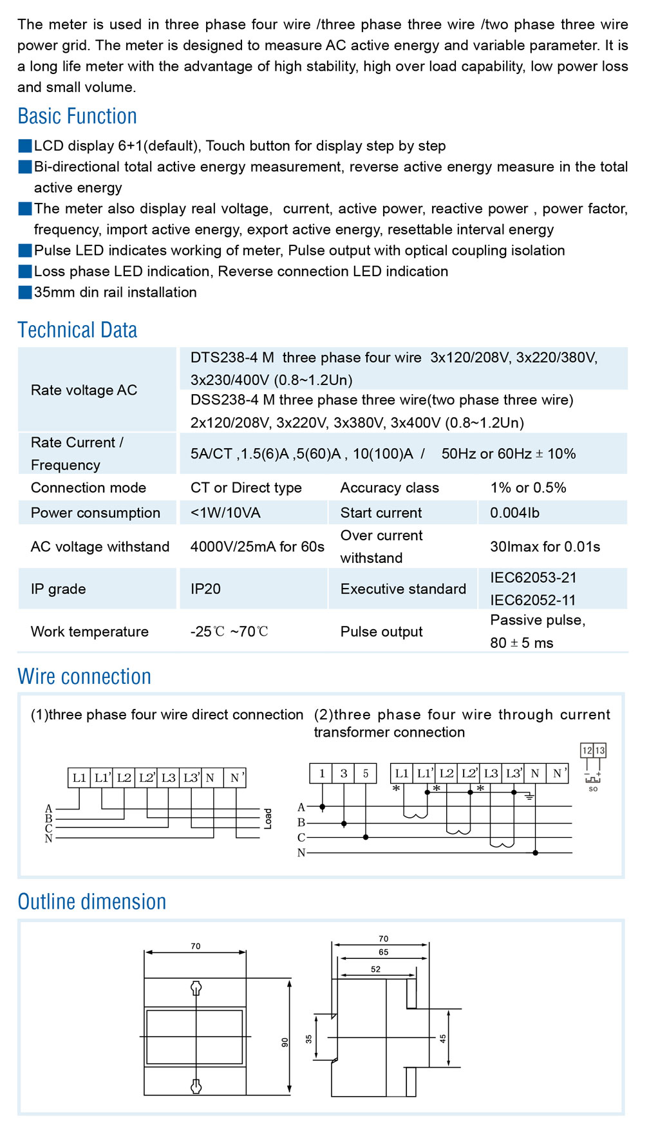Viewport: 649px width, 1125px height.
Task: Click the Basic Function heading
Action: click(x=77, y=117)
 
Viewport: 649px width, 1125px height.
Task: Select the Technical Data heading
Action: click(x=77, y=330)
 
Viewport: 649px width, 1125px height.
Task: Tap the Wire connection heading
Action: click(x=84, y=677)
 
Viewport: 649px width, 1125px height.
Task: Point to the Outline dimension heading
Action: click(x=92, y=902)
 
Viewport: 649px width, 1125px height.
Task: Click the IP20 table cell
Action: click(x=205, y=589)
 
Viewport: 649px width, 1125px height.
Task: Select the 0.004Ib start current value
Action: click(x=514, y=513)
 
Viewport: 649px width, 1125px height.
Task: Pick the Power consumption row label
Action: click(x=95, y=513)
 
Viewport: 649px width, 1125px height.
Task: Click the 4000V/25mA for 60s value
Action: click(x=257, y=547)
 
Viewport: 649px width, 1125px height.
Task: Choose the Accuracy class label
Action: click(x=390, y=488)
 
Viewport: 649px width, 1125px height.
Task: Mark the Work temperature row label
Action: click(x=89, y=632)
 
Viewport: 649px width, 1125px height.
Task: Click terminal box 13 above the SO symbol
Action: click(x=600, y=751)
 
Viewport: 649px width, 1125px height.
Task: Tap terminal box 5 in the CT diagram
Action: click(x=366, y=773)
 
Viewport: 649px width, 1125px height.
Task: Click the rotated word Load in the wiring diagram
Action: click(x=268, y=818)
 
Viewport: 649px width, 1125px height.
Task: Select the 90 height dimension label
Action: click(x=285, y=1042)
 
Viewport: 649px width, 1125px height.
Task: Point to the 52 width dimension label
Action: click(x=376, y=969)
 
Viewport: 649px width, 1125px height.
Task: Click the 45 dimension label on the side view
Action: click(x=442, y=1038)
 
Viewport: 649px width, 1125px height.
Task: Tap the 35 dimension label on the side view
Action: click(x=308, y=1039)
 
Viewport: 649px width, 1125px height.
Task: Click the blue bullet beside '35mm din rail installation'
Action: click(x=25, y=292)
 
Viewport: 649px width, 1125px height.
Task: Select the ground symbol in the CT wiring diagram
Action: click(x=529, y=797)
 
